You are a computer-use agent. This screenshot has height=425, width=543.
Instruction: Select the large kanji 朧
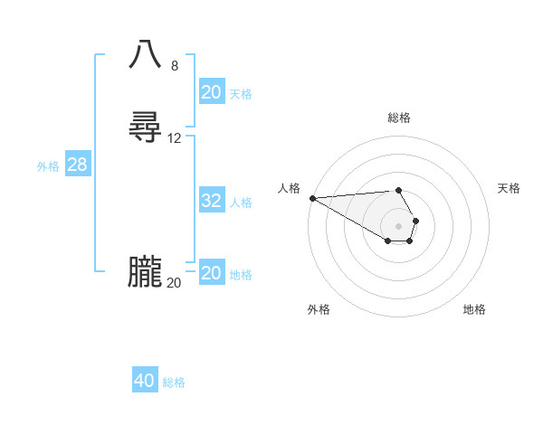145,272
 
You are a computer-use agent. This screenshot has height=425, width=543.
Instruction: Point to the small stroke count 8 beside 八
175,66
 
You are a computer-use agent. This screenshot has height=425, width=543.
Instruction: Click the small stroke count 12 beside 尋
175,138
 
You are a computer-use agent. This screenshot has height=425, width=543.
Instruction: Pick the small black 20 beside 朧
174,282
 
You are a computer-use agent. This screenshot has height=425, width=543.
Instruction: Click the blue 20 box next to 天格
212,92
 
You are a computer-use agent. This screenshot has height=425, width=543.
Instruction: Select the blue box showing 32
212,201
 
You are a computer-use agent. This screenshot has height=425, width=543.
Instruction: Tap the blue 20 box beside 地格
212,273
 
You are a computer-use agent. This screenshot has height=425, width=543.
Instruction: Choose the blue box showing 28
78,165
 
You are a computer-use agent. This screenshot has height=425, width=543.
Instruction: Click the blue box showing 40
145,381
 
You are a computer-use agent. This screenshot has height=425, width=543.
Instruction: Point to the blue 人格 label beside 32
241,203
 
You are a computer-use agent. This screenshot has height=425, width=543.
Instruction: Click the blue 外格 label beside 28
48,166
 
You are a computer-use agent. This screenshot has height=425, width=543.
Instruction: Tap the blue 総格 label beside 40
174,382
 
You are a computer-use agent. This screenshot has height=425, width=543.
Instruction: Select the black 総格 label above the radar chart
399,118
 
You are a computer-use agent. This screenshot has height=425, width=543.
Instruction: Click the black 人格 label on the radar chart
290,188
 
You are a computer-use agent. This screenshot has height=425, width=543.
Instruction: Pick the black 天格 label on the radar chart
510,188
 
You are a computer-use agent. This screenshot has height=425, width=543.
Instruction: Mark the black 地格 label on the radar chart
474,309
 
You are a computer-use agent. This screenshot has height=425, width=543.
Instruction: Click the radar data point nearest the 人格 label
312,198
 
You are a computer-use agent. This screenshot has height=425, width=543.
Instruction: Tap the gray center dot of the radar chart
399,225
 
